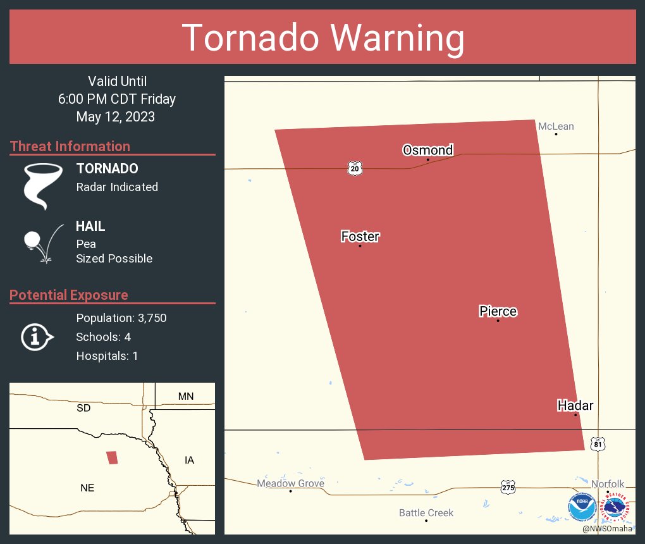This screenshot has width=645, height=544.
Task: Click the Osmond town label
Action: [428, 150]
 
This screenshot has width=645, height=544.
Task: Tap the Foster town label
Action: [360, 237]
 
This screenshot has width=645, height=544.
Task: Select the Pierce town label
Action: [498, 311]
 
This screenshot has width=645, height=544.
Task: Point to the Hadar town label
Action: [575, 405]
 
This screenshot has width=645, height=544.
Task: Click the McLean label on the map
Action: [556, 127]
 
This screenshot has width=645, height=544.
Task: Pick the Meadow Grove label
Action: [290, 484]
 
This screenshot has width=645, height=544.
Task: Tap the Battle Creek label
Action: [426, 513]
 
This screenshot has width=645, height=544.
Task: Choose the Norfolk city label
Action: [608, 484]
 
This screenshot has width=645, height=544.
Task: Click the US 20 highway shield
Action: [355, 168]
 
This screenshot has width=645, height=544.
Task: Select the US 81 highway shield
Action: [598, 444]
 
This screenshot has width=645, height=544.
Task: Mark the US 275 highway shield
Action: [508, 487]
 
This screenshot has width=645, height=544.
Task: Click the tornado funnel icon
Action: [42, 186]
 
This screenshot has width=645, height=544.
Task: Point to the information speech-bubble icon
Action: [37, 337]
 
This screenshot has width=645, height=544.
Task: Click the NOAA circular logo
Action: [582, 507]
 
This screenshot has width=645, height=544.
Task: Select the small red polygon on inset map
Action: [112, 457]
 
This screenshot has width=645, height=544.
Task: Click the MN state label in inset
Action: [186, 397]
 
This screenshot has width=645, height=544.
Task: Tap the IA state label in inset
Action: [189, 460]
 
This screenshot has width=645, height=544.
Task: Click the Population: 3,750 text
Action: [121, 318]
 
